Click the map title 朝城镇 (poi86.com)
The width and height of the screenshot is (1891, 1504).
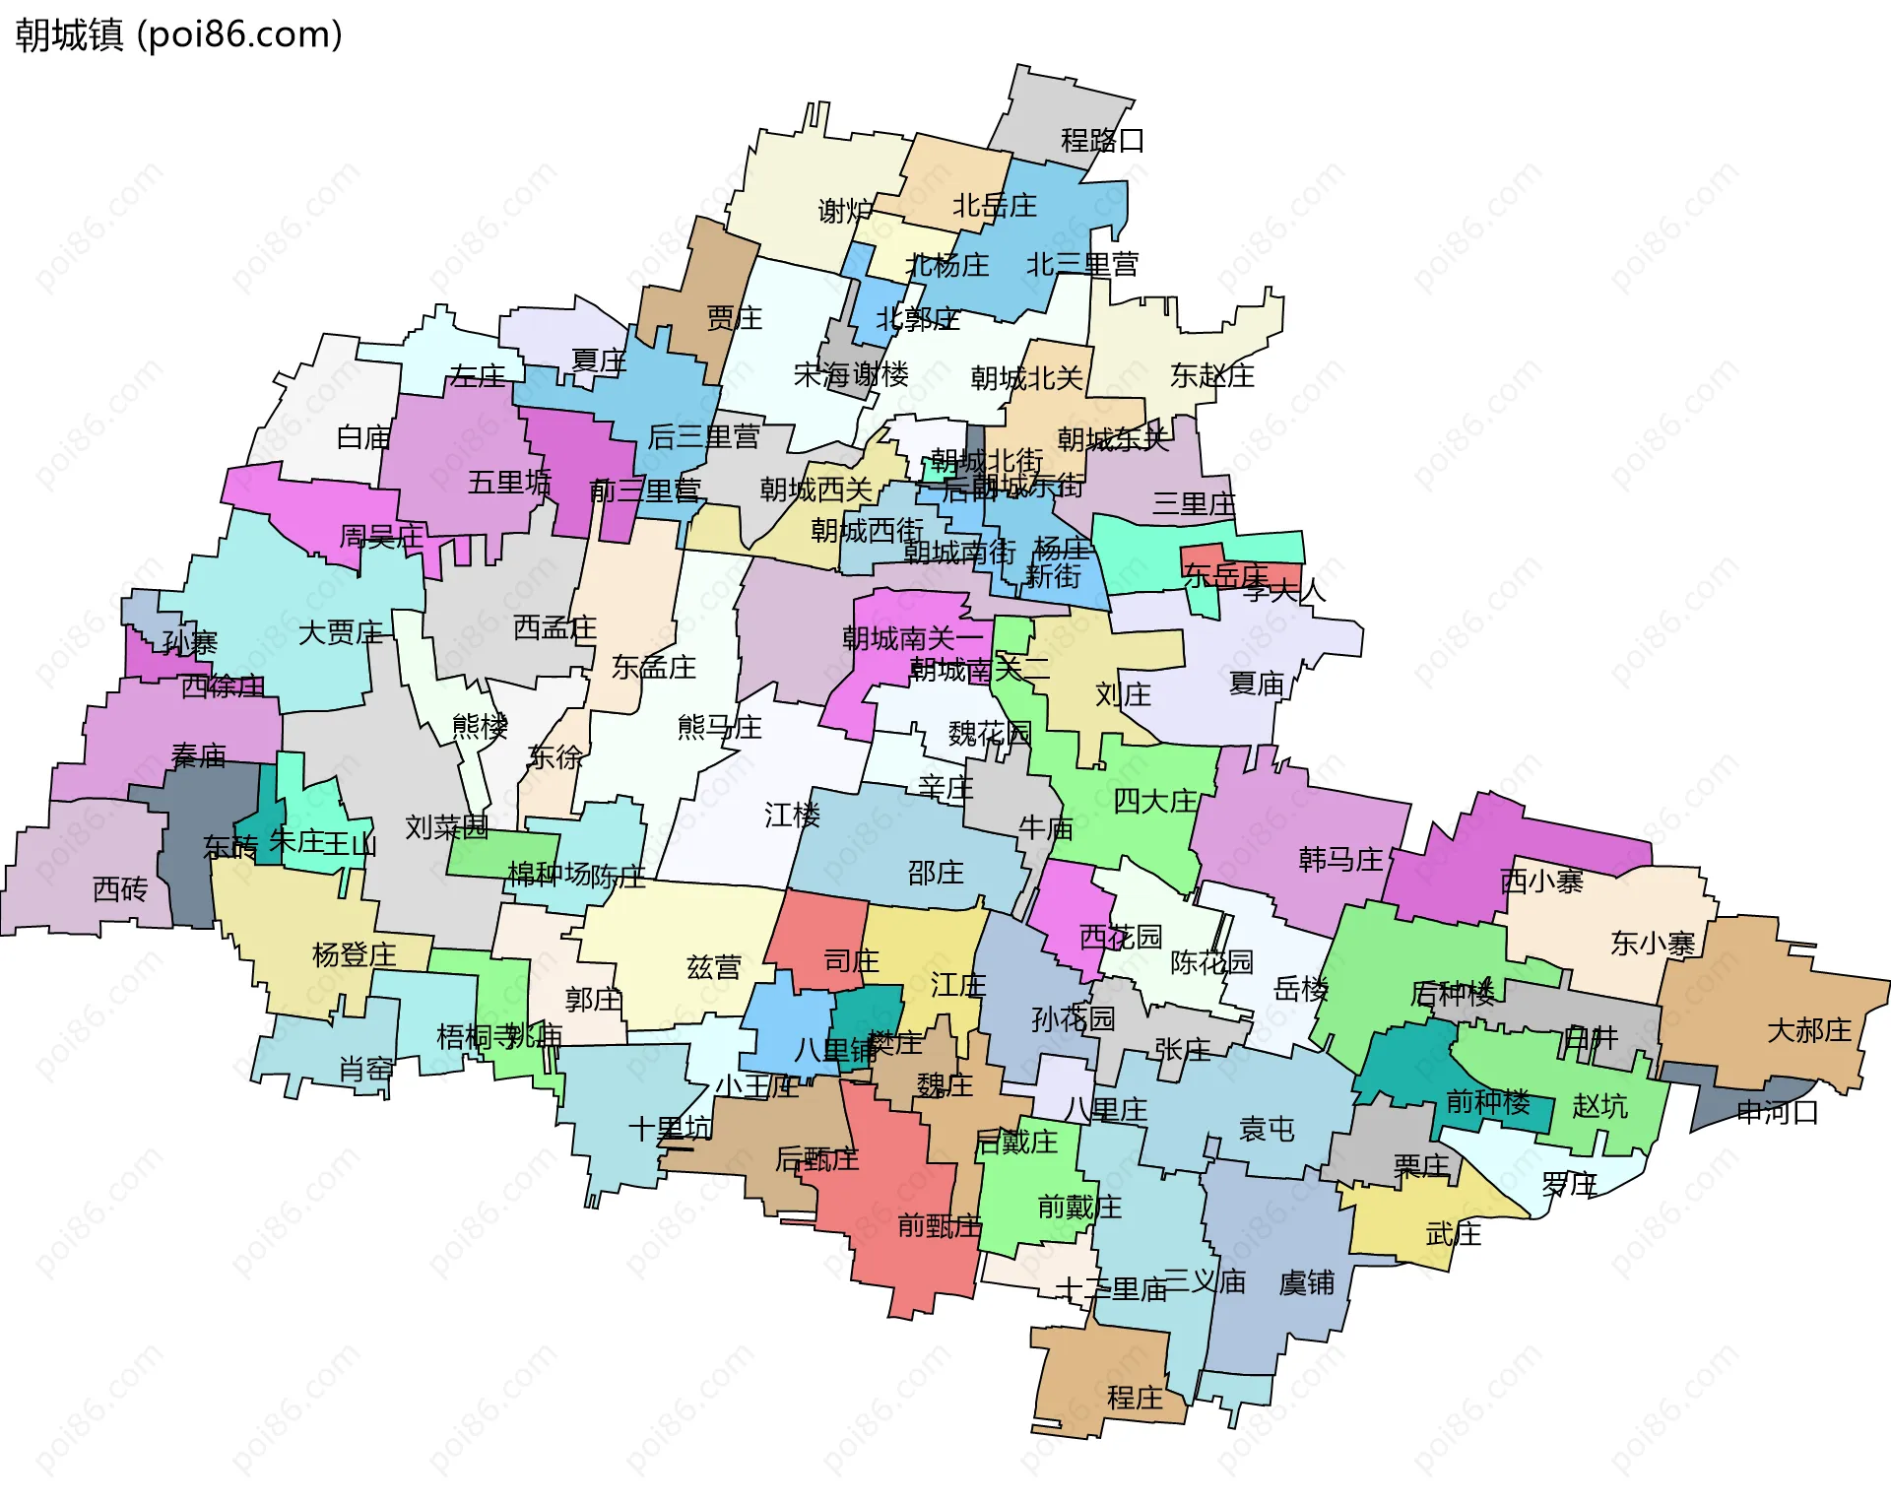tap(178, 34)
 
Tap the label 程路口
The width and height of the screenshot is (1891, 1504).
tap(1102, 141)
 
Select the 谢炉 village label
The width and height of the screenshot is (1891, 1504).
tap(845, 210)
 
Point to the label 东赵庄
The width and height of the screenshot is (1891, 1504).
tap(1211, 375)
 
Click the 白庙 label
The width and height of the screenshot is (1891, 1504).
tap(363, 437)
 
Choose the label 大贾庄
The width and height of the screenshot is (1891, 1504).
tap(341, 632)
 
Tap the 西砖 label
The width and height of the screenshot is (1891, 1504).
tap(120, 889)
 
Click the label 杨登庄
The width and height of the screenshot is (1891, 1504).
tap(354, 954)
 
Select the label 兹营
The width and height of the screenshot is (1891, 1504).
tap(713, 966)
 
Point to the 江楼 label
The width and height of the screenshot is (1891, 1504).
tap(792, 815)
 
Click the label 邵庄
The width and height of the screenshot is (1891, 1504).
tap(935, 873)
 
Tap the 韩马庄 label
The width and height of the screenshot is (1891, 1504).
tap(1340, 859)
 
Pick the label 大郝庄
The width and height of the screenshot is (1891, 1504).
tap(1809, 1030)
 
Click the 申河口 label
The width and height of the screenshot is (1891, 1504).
tap(1777, 1112)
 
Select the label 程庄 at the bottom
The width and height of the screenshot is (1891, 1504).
tap(1135, 1398)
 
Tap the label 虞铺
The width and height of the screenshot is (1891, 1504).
tap(1306, 1282)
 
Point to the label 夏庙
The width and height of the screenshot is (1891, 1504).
tap(1257, 683)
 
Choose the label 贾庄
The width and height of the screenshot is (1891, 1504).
tap(734, 318)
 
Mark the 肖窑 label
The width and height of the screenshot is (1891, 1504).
tap(365, 1069)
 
